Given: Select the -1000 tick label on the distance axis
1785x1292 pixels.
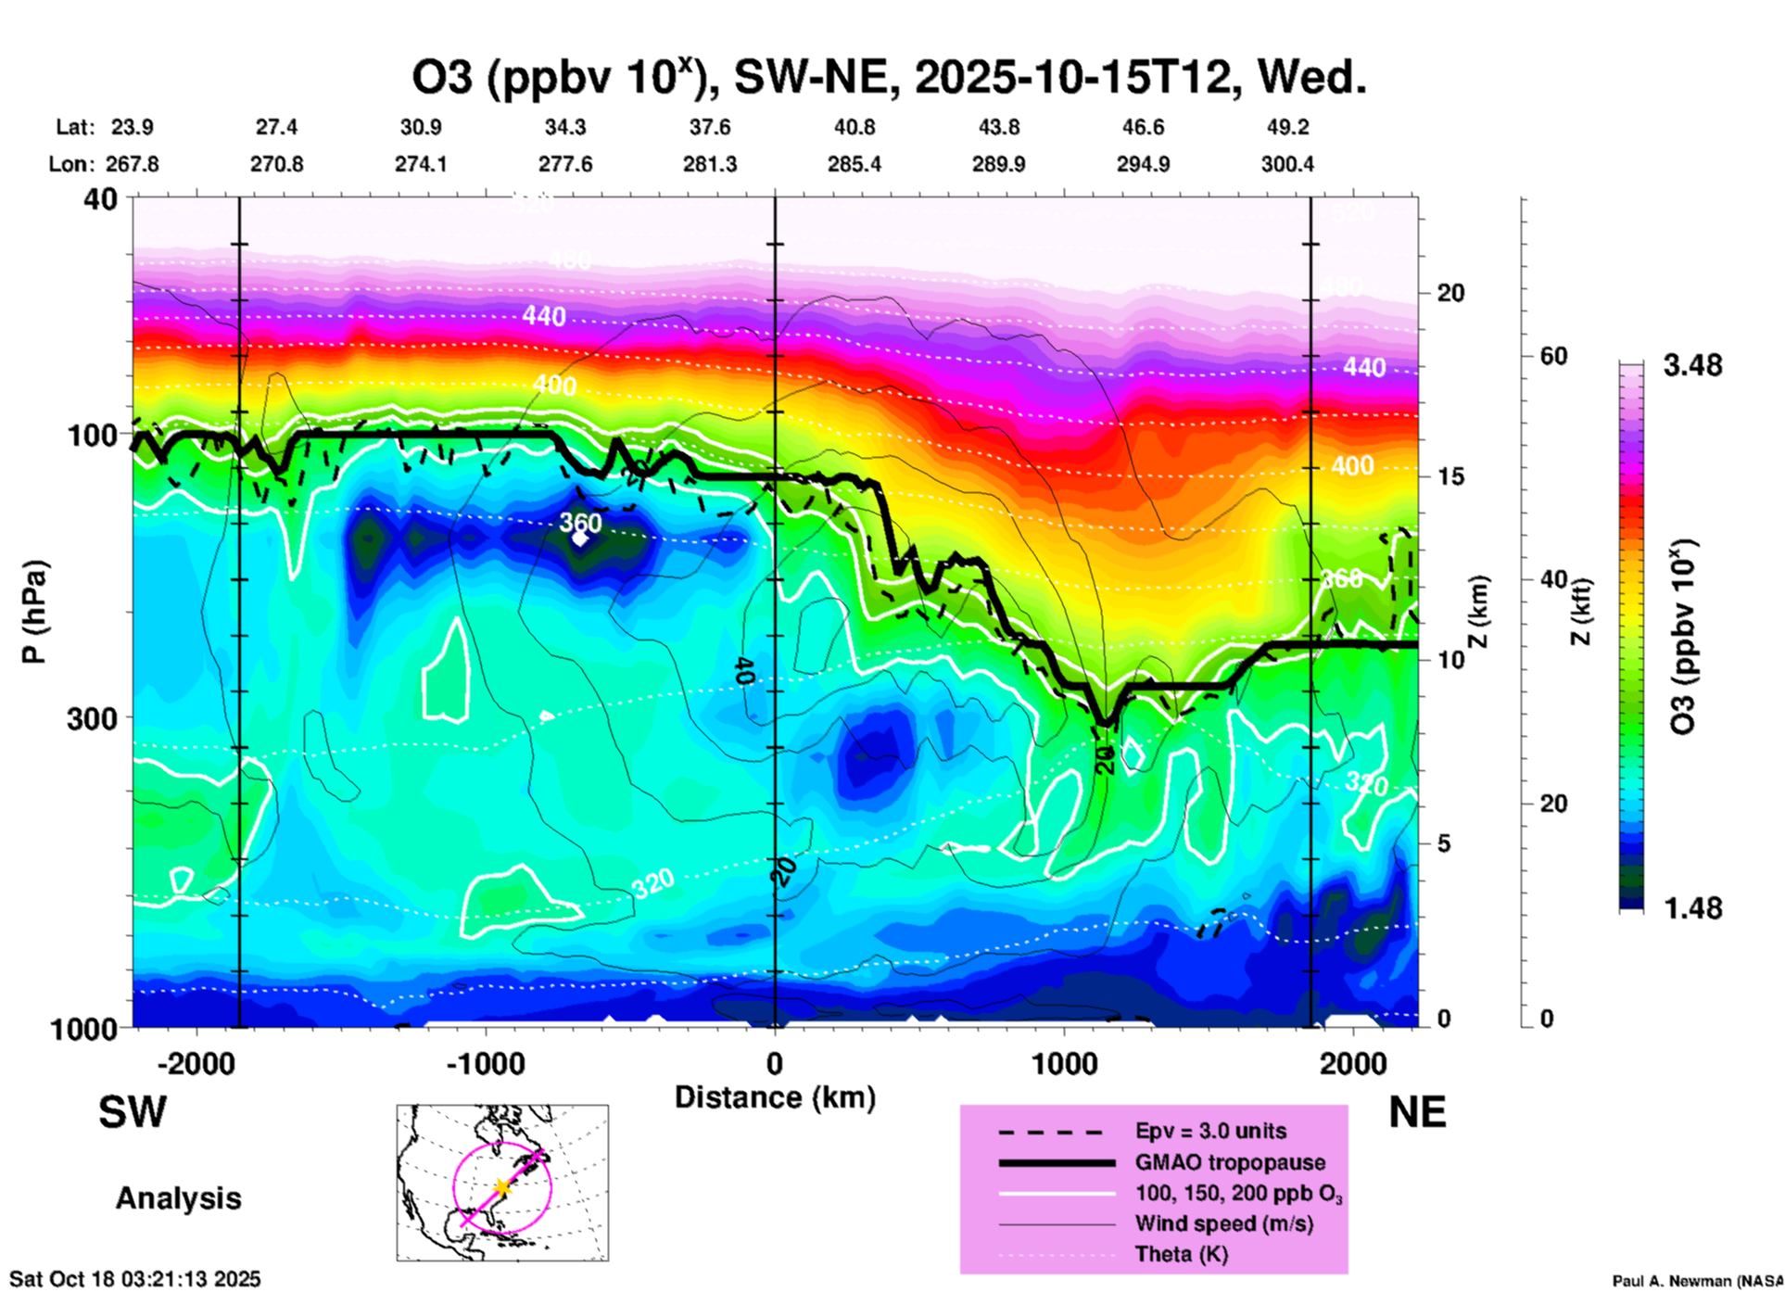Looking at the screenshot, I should (486, 1063).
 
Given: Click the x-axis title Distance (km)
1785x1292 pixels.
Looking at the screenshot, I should (775, 1097).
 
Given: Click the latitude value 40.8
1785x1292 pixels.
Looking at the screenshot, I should (854, 128).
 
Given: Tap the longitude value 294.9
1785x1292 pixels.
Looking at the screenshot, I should (1143, 165).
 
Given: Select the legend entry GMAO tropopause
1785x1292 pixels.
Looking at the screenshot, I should (1230, 1162).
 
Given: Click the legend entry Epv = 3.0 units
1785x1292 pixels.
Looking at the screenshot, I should (1210, 1131).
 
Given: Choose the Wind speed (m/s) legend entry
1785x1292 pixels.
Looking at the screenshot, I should (1223, 1223).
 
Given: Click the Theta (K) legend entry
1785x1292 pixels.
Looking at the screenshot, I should (1181, 1255).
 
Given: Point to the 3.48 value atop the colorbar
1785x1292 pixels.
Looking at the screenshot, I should (1692, 366).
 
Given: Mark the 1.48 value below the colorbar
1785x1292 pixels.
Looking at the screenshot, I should (1692, 908).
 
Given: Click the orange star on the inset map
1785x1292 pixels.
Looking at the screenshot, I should (502, 1187).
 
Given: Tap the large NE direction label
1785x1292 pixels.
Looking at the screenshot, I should (1417, 1113).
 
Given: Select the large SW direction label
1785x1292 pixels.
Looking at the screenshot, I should (133, 1113).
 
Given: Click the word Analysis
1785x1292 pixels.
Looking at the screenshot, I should (178, 1198).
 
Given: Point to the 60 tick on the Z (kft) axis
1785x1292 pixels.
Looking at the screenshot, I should (1553, 356).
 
